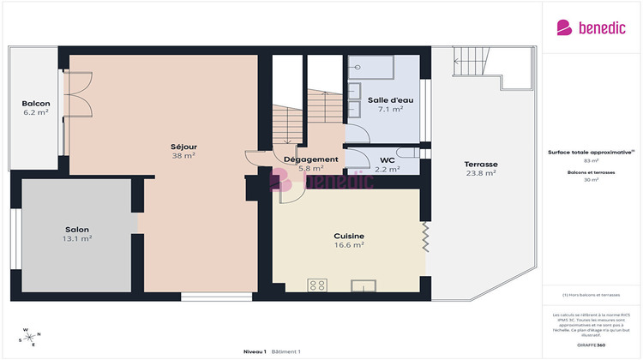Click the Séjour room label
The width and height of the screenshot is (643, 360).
point(183,146)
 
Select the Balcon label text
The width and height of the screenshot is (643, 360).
point(35,104)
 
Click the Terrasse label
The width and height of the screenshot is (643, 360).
point(481,164)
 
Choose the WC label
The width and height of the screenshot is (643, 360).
point(387,159)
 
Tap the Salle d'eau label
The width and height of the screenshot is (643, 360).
point(390,100)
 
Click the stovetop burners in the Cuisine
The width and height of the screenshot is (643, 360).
point(317,285)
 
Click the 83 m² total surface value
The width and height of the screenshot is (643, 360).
point(591,160)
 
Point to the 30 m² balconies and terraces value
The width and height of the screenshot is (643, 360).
point(591,180)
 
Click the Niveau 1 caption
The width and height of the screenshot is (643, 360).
point(255,351)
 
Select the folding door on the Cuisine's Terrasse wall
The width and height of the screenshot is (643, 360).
point(424,237)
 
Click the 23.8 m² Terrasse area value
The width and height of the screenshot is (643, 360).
point(481,173)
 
